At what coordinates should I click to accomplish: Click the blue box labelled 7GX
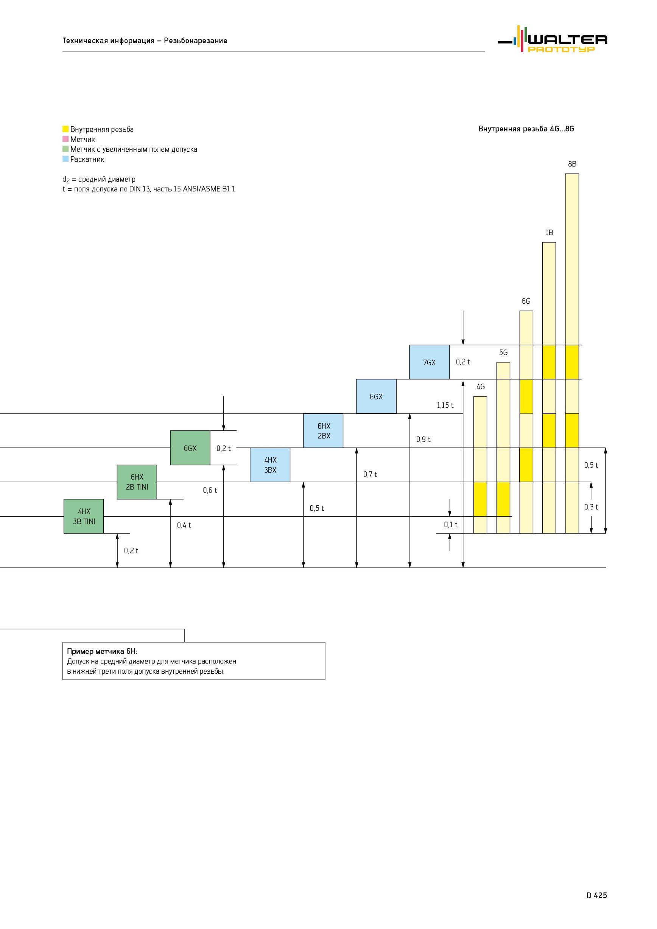(430, 362)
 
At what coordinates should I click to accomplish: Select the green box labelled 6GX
(190, 448)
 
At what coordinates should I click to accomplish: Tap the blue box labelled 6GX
(376, 396)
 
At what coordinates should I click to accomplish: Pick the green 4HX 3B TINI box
(84, 516)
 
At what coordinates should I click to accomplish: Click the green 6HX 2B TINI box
(137, 482)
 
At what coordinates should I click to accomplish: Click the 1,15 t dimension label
(445, 405)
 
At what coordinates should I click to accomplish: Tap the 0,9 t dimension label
(423, 440)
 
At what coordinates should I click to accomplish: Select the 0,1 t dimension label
(450, 525)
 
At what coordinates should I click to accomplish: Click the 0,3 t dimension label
(591, 507)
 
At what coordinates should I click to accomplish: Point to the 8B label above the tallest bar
(572, 164)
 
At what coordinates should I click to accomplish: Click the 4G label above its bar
(481, 387)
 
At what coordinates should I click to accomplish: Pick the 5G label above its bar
(503, 353)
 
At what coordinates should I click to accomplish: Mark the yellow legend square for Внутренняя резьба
(65, 129)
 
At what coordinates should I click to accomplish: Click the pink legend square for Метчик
(65, 139)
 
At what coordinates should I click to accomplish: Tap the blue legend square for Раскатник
(65, 159)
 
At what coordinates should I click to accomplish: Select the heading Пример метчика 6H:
(102, 651)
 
